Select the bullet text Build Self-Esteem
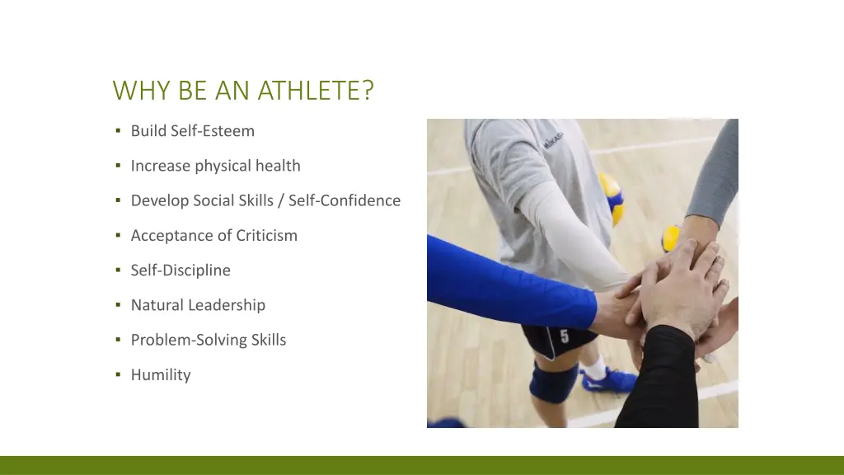tap(193, 131)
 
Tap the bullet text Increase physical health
tap(215, 166)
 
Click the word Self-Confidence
tap(345, 200)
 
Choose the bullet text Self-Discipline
tap(181, 270)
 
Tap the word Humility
tap(161, 375)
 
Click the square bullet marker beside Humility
tap(119, 375)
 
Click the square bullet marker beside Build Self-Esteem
tap(119, 131)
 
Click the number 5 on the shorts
tap(565, 336)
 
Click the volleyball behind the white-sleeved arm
tap(611, 197)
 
